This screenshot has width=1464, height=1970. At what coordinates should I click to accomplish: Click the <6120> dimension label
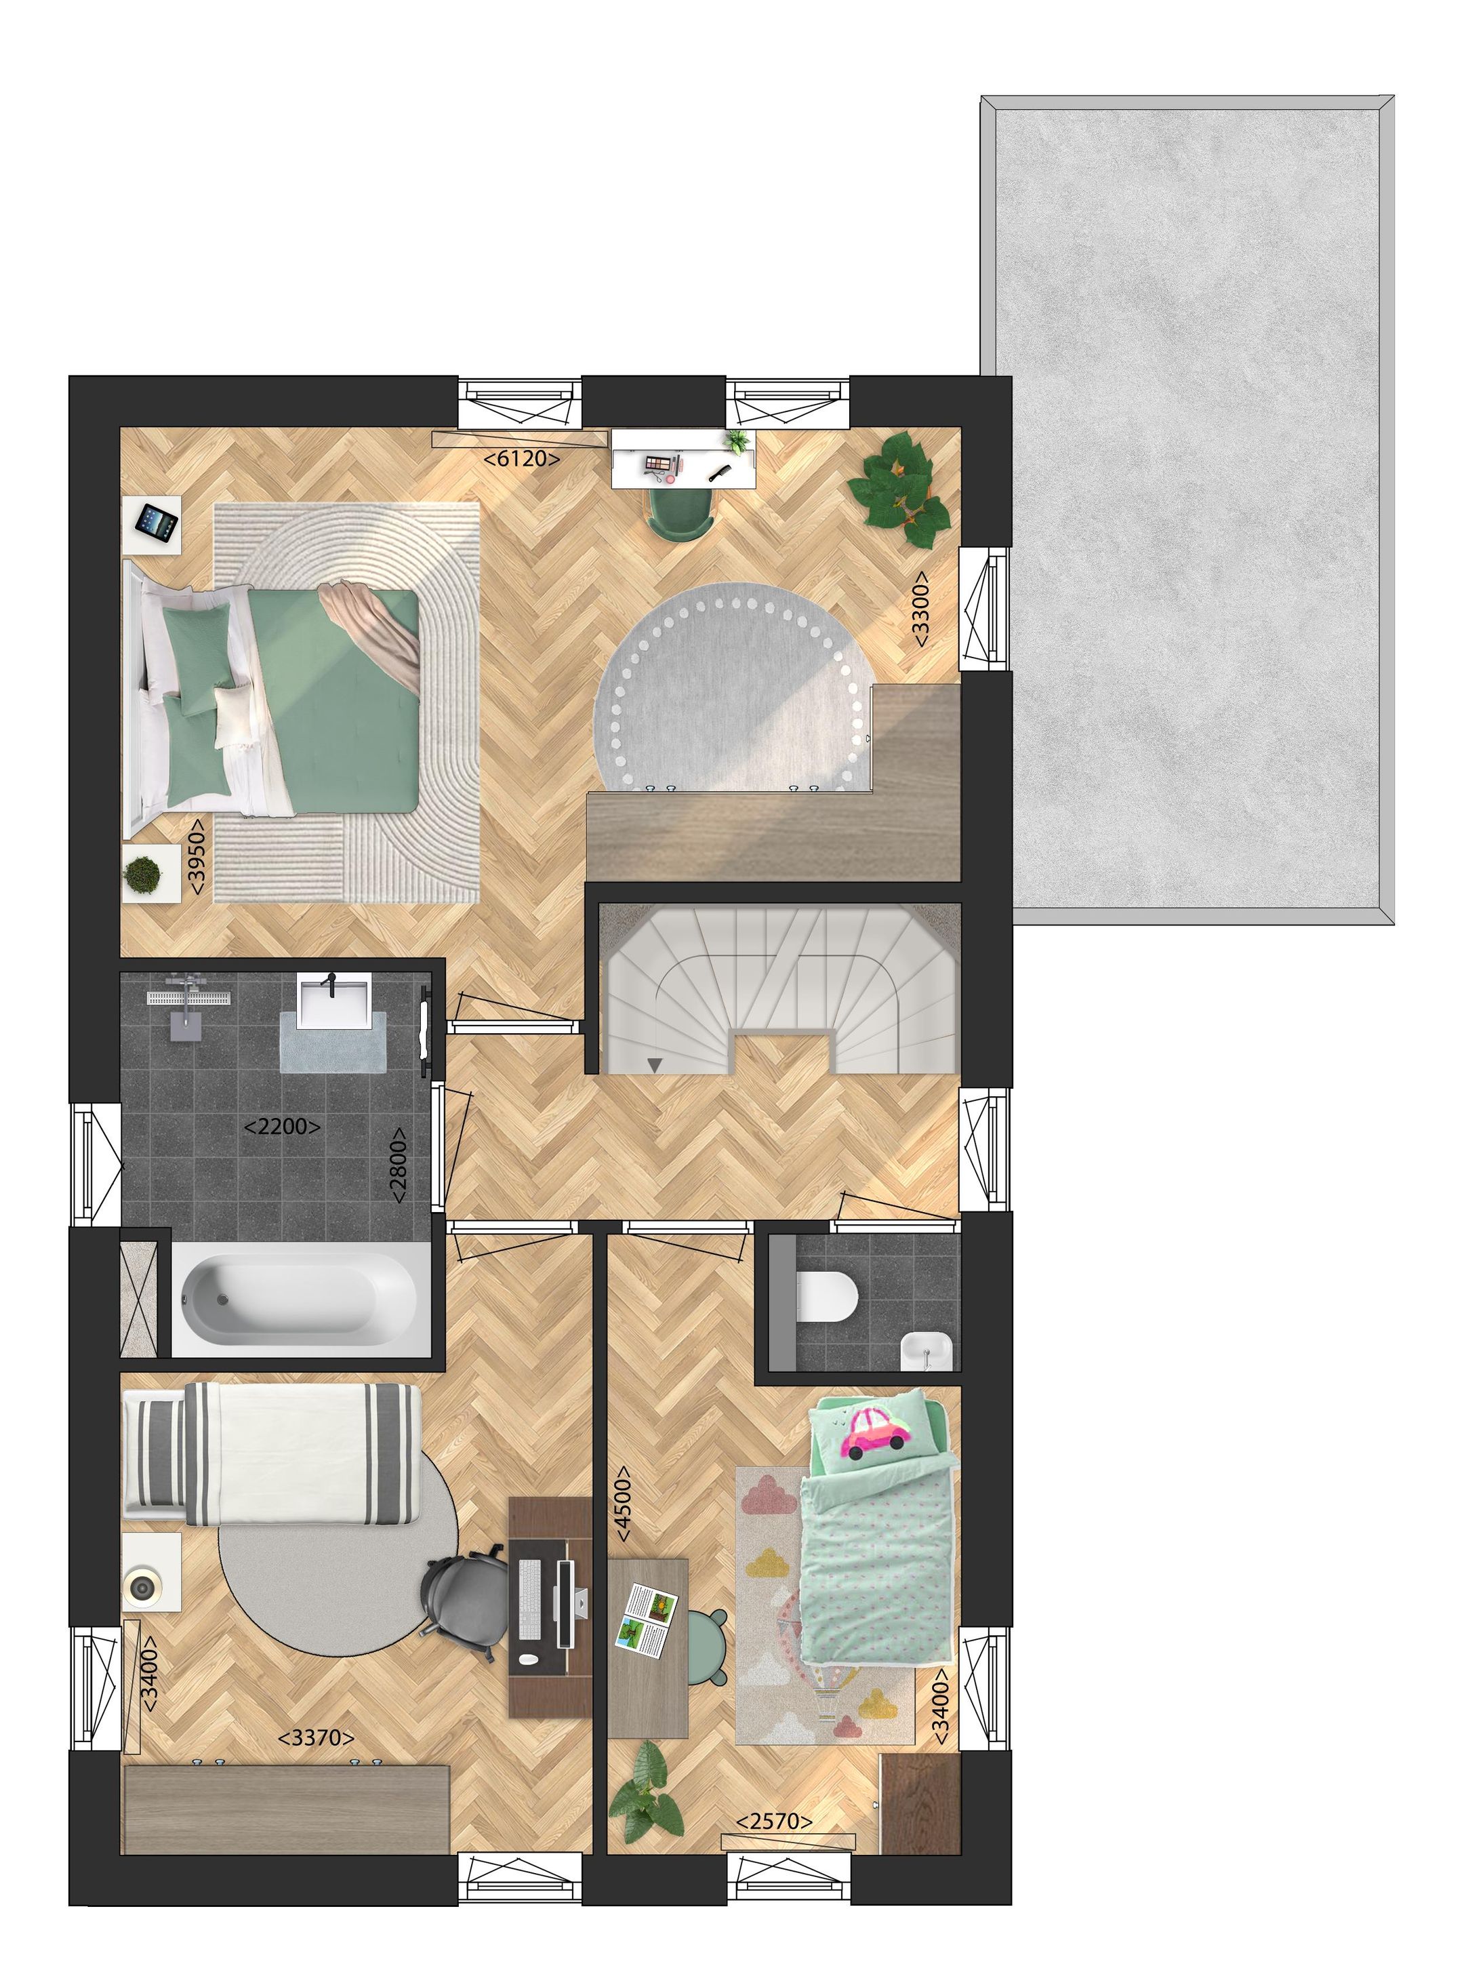[521, 458]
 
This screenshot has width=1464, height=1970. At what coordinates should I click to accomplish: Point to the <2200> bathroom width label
[282, 1127]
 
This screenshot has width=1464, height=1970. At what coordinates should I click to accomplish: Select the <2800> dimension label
[400, 1165]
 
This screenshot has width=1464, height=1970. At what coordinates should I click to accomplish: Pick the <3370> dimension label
[317, 1738]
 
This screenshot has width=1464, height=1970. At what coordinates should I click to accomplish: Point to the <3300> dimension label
[922, 609]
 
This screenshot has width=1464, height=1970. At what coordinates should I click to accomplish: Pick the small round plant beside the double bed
[143, 875]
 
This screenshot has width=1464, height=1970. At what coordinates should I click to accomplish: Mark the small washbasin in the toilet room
[925, 1353]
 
